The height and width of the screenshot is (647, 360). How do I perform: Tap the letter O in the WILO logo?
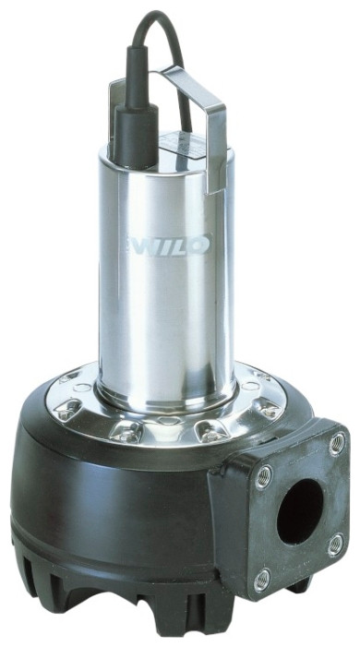pyautogui.click(x=199, y=246)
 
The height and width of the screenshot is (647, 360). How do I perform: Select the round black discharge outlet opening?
pyautogui.click(x=300, y=506)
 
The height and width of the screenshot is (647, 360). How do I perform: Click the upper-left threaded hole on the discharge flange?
pyautogui.click(x=264, y=477)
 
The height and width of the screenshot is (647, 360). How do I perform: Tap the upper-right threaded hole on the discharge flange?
pyautogui.click(x=338, y=444)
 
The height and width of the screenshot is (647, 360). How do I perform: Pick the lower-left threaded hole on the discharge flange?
pyautogui.click(x=262, y=580)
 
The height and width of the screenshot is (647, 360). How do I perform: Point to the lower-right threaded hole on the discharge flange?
pyautogui.click(x=335, y=545)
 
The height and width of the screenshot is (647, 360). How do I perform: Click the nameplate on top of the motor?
pyautogui.click(x=183, y=145)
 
